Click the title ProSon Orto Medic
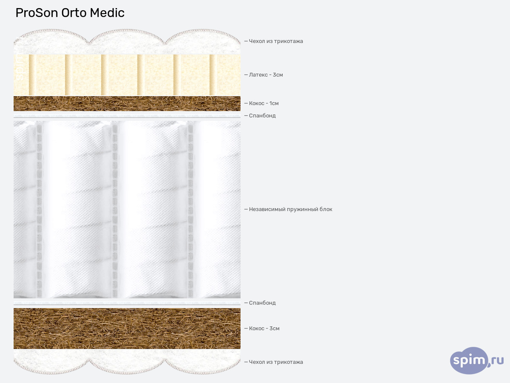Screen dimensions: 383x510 click(x=70, y=13)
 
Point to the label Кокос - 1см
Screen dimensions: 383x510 click(x=263, y=103)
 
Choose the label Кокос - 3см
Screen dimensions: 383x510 click(x=264, y=329)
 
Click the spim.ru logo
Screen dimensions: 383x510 click(x=476, y=361)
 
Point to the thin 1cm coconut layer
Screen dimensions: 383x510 click(x=127, y=103)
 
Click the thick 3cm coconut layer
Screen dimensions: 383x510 click(x=127, y=329)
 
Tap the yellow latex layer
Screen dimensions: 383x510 click(x=127, y=75)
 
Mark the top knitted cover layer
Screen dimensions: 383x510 click(x=127, y=43)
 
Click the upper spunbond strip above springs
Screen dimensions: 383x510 click(x=127, y=116)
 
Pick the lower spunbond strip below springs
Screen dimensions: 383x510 click(x=127, y=303)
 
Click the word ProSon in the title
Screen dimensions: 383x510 click(x=37, y=13)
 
